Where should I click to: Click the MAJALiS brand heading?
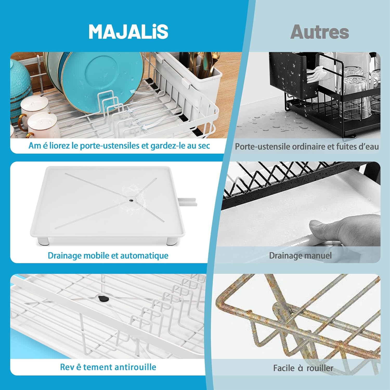[128, 32]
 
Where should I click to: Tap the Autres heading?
[320, 32]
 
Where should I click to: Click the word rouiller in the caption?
[320, 368]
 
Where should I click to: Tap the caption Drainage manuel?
[300, 256]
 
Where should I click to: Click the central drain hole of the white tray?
[131, 200]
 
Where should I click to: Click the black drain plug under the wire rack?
[103, 298]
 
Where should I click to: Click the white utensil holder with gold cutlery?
[205, 78]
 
